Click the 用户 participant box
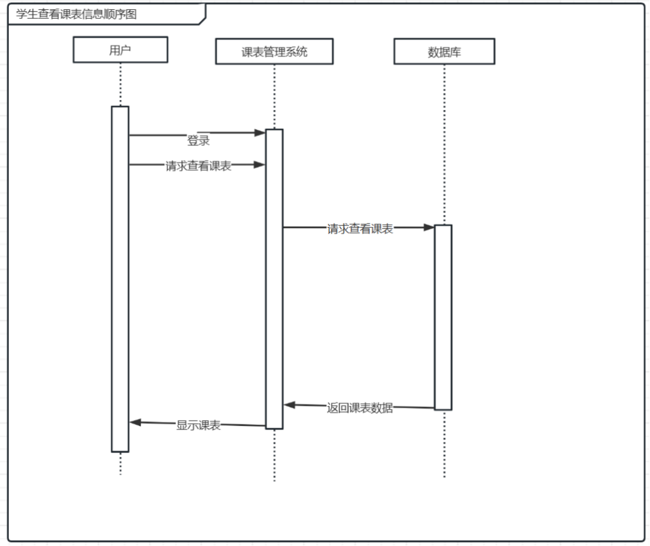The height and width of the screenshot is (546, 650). tap(120, 50)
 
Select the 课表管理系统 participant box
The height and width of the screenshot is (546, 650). tap(274, 52)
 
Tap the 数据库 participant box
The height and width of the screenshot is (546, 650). tap(444, 52)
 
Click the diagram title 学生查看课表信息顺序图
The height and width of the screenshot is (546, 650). tap(77, 15)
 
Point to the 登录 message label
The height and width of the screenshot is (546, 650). tap(198, 141)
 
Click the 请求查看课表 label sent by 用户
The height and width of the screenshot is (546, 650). tap(198, 166)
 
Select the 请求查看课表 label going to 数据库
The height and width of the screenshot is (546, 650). tap(360, 229)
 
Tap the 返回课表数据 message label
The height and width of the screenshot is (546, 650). tap(360, 408)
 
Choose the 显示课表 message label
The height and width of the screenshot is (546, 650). tap(198, 425)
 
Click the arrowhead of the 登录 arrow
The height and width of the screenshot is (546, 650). tap(260, 133)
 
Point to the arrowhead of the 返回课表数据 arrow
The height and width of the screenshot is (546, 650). tap(289, 405)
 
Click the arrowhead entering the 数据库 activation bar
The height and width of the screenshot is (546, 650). tap(429, 227)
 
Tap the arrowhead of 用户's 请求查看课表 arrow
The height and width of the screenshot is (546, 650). tap(260, 165)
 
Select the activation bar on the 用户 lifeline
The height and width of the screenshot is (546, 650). tap(120, 279)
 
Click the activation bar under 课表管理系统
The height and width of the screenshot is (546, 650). tap(274, 279)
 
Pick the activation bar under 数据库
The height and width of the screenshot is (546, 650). tap(443, 317)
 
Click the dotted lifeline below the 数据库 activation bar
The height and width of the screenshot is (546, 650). tap(444, 444)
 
